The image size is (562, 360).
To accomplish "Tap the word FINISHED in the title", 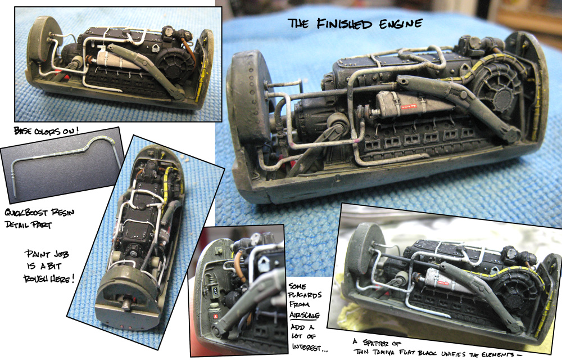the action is [345, 24].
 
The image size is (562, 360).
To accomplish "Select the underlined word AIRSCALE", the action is [304, 315].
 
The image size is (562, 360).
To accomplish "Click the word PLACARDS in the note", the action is [305, 295].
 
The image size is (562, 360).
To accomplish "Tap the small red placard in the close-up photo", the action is [215, 316].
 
